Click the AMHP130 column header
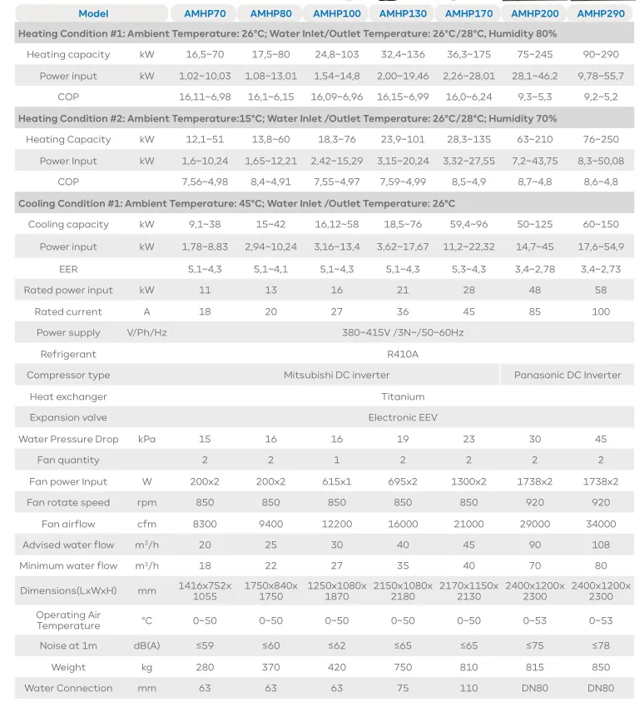403,13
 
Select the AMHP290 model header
601,13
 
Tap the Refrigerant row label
68,354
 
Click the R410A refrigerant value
403,354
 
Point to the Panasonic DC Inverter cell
567,375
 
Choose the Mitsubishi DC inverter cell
336,375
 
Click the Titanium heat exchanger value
403,396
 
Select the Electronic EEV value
403,417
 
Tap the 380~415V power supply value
403,332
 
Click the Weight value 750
403,667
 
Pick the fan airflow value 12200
337,524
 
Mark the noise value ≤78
601,645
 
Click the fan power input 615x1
337,481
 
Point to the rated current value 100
601,311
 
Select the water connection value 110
468,688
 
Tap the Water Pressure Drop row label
68,439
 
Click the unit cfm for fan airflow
147,524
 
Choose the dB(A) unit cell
147,645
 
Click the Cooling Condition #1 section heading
236,203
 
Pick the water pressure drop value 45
601,439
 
